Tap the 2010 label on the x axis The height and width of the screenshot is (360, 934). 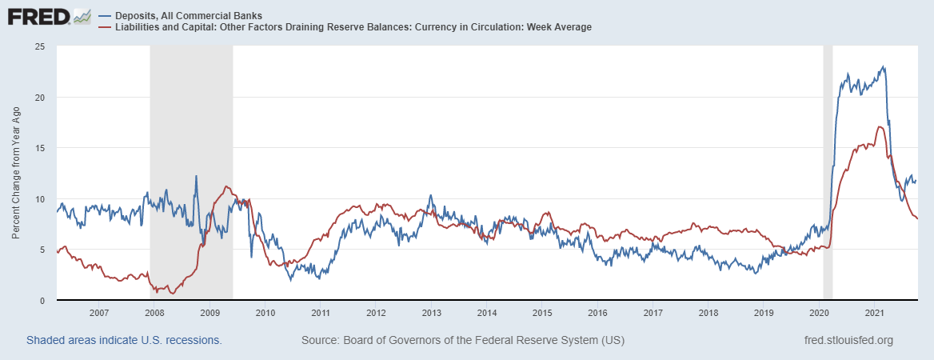[265, 313]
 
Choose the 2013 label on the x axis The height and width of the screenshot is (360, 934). [431, 313]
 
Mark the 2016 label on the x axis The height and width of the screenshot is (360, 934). [597, 313]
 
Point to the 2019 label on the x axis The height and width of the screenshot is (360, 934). [764, 313]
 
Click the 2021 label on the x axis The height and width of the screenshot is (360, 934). [874, 313]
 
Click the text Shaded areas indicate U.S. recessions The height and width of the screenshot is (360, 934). [124, 340]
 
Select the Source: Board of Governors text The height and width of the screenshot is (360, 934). [462, 340]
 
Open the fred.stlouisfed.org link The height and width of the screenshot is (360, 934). [848, 340]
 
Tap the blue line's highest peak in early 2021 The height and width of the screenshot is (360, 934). [883, 66]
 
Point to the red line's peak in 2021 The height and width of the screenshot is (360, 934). [880, 126]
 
